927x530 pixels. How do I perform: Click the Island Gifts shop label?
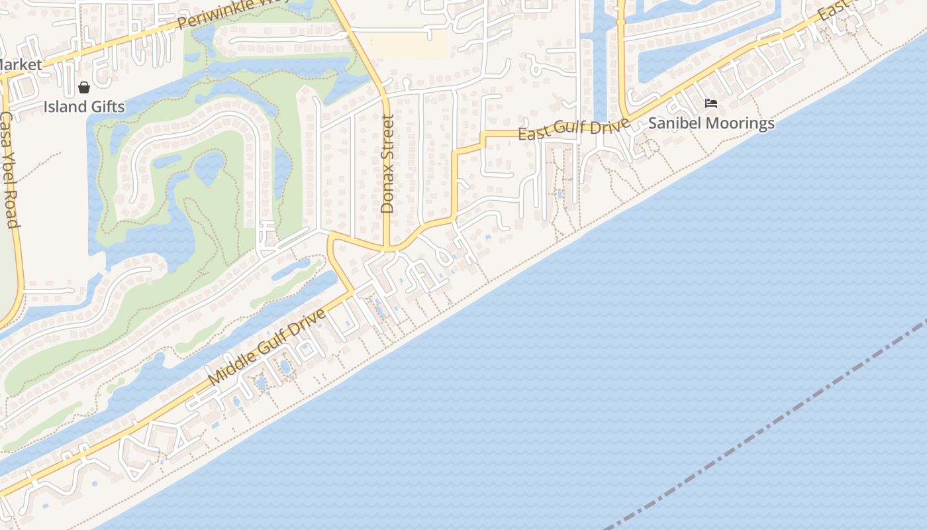tap(84, 106)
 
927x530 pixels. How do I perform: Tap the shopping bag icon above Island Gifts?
tap(84, 87)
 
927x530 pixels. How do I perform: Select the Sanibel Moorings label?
tap(711, 123)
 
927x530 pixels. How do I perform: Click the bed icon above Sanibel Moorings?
tap(711, 103)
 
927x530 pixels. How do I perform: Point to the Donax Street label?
tap(387, 163)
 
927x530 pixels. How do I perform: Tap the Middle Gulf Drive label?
tap(268, 347)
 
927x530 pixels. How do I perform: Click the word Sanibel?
tap(674, 123)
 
